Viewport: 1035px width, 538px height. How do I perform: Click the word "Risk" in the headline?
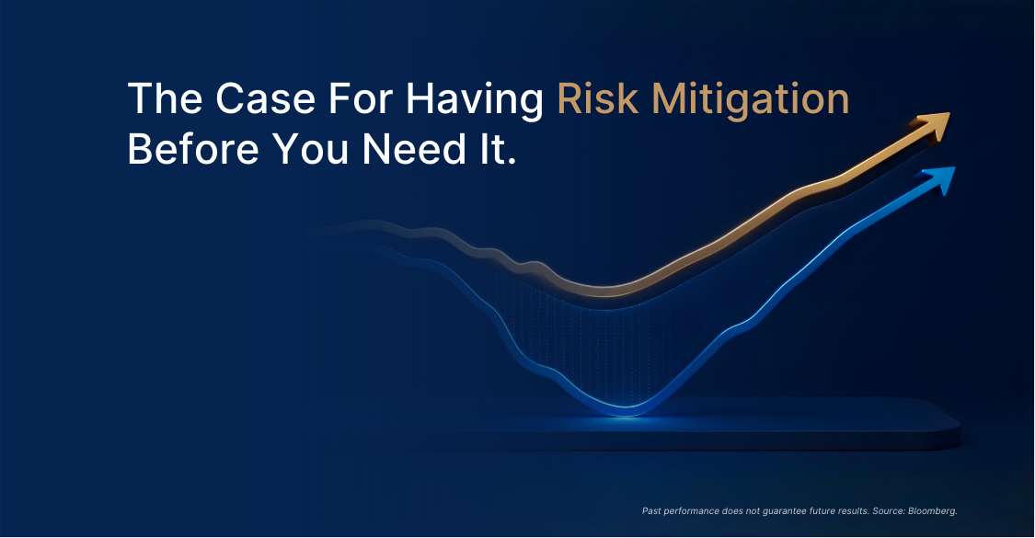pos(598,99)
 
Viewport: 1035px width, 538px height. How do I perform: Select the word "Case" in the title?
pos(265,99)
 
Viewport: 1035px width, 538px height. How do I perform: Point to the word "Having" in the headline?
pos(475,100)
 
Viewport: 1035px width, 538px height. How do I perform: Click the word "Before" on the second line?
pos(193,149)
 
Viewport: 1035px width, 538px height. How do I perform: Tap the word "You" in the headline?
pos(310,149)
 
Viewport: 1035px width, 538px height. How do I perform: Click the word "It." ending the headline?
pos(495,149)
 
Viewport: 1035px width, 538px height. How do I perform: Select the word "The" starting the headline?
pos(165,99)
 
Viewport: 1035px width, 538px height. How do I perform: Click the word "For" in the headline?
pos(361,99)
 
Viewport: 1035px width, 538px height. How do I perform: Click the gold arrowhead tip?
pos(949,113)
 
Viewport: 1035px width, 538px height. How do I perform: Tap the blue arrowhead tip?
pos(954,167)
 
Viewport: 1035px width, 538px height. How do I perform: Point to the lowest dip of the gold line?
pos(604,292)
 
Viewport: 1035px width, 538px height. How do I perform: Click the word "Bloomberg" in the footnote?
pos(931,511)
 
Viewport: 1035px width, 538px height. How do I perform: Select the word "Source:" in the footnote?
pos(889,511)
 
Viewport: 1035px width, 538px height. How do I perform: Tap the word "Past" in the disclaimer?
pos(651,511)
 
